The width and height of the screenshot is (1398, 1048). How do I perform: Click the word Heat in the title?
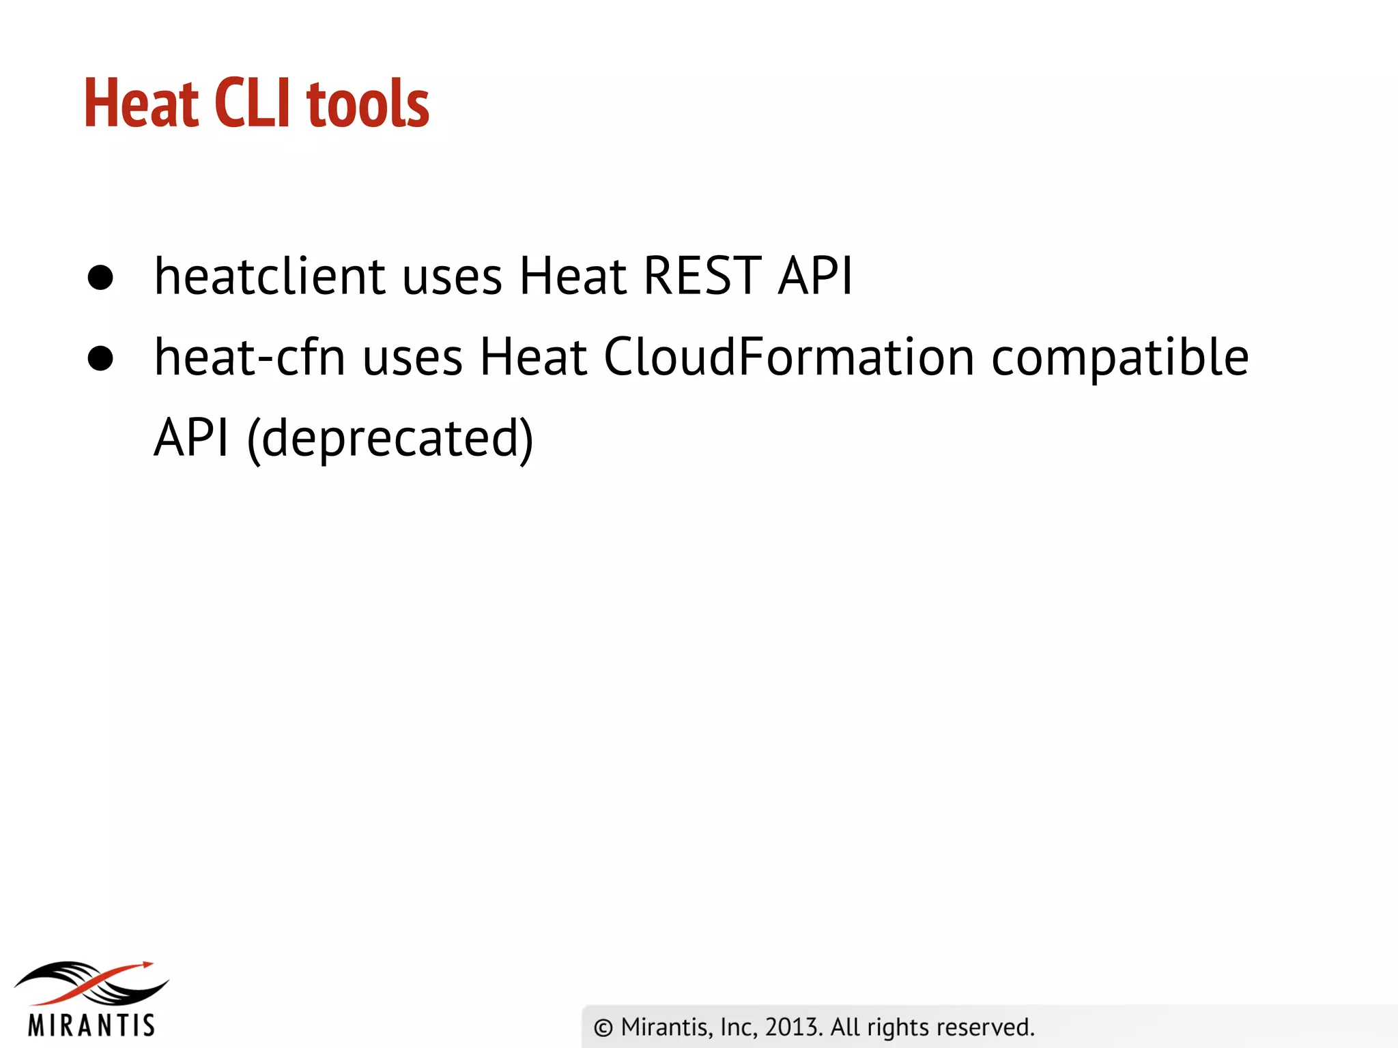pyautogui.click(x=141, y=103)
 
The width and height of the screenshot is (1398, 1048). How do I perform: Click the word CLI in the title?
pyautogui.click(x=252, y=103)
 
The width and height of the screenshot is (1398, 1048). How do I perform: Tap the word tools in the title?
pyautogui.click(x=368, y=104)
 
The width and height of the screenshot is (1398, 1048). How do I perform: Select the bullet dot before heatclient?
pyautogui.click(x=100, y=278)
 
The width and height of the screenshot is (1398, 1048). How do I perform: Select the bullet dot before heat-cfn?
pyautogui.click(x=100, y=359)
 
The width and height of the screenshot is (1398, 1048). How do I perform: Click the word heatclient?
pyautogui.click(x=270, y=276)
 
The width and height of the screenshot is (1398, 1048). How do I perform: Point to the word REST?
pyautogui.click(x=702, y=276)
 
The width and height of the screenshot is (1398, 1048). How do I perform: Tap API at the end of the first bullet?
pyautogui.click(x=816, y=276)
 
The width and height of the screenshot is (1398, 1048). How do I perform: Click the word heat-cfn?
pyautogui.click(x=250, y=358)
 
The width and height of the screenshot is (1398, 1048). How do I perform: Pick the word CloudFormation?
pyautogui.click(x=789, y=358)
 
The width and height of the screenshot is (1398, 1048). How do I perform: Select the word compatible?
pyautogui.click(x=1119, y=359)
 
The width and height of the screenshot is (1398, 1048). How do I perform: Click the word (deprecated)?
pyautogui.click(x=390, y=439)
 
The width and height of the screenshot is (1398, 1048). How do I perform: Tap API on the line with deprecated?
pyautogui.click(x=191, y=438)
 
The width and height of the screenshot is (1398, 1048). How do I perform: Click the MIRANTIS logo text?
pyautogui.click(x=91, y=1025)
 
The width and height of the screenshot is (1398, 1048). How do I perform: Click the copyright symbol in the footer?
pyautogui.click(x=603, y=1028)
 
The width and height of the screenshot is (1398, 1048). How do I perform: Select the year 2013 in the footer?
pyautogui.click(x=793, y=1027)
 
